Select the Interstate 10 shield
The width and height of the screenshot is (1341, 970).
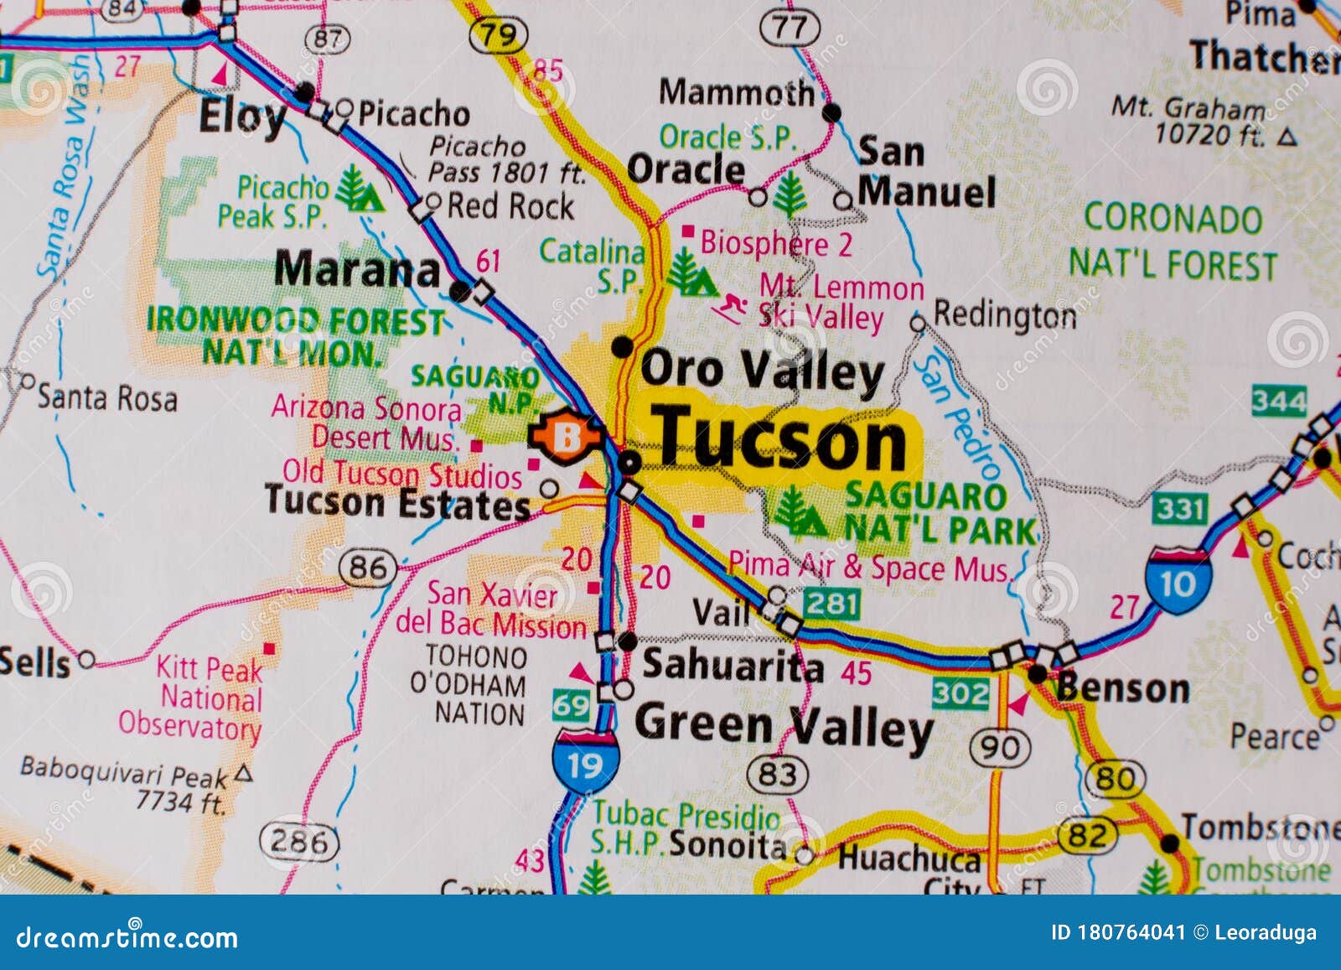tap(1178, 581)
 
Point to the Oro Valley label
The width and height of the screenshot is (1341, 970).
tap(762, 370)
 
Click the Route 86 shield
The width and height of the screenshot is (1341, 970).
tap(368, 569)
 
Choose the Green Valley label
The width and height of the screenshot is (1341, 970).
tap(784, 726)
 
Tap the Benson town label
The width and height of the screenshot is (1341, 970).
tap(1122, 687)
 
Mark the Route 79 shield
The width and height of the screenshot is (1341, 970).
tap(498, 34)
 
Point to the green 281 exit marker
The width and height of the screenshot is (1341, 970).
tap(832, 602)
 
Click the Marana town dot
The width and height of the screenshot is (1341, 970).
tap(459, 291)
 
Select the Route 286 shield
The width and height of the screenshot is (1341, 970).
tap(298, 840)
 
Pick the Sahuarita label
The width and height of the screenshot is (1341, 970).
tap(733, 666)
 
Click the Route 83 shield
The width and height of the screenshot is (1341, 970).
tap(777, 774)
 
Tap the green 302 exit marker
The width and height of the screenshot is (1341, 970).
tap(960, 692)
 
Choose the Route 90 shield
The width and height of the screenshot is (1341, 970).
tap(1000, 746)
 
